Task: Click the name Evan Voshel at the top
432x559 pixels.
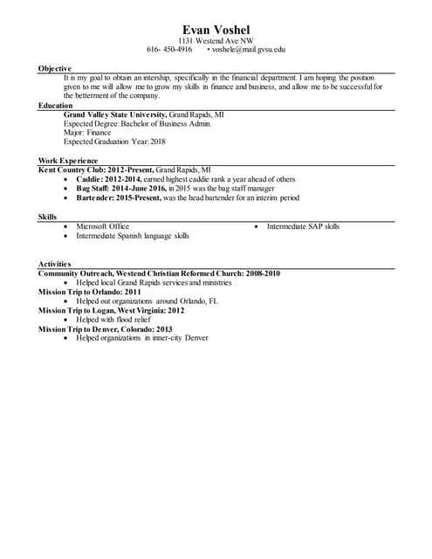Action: click(216, 30)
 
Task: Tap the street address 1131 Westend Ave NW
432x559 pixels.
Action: click(216, 41)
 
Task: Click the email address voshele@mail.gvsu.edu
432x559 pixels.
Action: click(249, 50)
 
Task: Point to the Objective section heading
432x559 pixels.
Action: click(55, 68)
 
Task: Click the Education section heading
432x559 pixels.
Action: click(56, 105)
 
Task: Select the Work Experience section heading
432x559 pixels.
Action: click(68, 161)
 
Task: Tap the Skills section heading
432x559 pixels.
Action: click(48, 217)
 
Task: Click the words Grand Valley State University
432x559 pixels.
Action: click(114, 114)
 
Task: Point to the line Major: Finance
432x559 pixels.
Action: click(87, 133)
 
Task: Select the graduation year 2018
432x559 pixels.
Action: click(157, 141)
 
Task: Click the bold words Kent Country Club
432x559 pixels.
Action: click(73, 169)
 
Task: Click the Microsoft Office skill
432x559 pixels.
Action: click(102, 226)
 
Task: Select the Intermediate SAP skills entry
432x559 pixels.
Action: click(303, 226)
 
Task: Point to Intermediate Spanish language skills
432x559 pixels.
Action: click(133, 236)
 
